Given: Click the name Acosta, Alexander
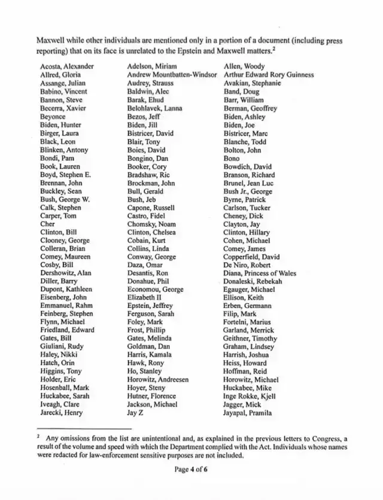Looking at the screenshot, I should pos(66,66).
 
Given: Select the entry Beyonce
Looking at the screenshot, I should pos(54,117).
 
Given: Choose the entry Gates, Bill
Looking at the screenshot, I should pos(55,338).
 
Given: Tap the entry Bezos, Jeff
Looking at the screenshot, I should pos(144,117).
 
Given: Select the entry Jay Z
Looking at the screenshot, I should pos(137,412).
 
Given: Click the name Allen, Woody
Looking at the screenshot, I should pos(244,66).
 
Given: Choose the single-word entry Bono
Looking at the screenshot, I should pos(232,158).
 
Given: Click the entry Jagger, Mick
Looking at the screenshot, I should pos(244,404).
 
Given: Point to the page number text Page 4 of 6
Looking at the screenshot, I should pos(191,469).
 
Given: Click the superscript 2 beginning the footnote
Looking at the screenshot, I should pos(38,437).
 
